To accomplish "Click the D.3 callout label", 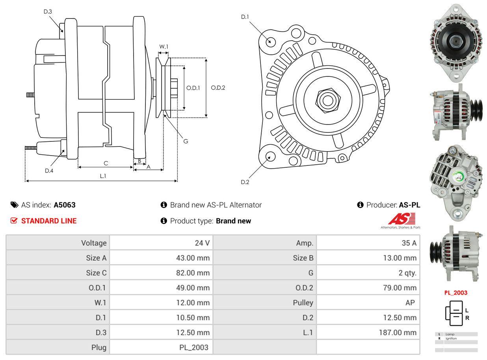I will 48,11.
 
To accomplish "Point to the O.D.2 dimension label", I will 218,87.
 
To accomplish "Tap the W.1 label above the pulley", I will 164,46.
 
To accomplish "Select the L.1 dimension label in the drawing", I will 103,176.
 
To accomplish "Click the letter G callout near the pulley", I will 186,141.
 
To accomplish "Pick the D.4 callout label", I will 49,171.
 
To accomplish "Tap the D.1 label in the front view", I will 245,17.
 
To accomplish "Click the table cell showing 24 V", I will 202,243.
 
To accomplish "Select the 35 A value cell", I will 409,243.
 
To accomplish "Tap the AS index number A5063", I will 65,205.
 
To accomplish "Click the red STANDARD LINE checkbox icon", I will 14,221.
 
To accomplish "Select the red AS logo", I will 401,219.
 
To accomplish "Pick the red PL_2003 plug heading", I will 455,293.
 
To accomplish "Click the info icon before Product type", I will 164,221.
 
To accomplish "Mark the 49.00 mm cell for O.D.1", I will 193,288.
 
